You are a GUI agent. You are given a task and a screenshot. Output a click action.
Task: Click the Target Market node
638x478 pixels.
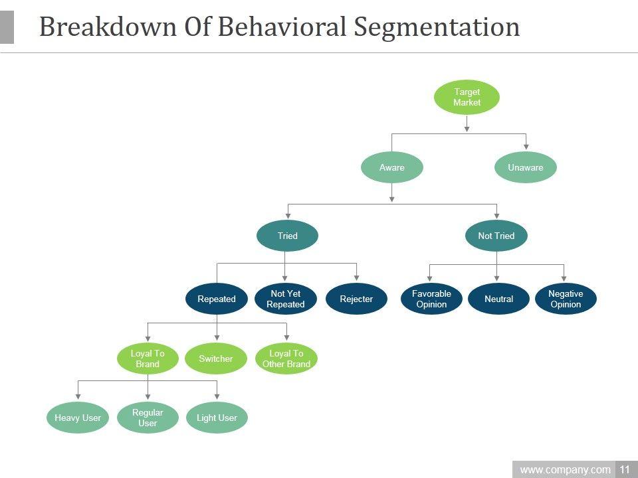point(467,97)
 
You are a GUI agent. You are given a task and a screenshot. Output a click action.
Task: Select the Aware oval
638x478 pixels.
point(392,167)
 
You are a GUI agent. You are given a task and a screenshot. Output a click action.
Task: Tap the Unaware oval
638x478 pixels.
point(525,167)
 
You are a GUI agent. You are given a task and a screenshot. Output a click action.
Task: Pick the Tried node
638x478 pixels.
point(287,236)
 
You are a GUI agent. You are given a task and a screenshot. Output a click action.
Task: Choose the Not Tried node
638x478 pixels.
point(496,236)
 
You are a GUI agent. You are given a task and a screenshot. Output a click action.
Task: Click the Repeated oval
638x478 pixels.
point(217,299)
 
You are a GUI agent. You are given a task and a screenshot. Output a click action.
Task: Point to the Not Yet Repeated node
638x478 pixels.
point(286,299)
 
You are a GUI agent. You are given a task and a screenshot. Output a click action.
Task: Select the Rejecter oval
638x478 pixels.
point(356,299)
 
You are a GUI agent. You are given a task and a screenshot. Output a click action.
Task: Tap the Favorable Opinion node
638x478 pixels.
point(431,299)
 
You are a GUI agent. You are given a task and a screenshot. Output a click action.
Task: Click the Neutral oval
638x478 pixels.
point(499,299)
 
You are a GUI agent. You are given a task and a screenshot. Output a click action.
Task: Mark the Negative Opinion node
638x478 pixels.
point(566,299)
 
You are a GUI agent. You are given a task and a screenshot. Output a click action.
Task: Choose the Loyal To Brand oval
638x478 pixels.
point(148,358)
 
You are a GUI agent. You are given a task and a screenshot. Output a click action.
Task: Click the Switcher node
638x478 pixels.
point(215,358)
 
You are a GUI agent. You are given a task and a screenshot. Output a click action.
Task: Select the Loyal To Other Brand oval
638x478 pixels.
point(286,358)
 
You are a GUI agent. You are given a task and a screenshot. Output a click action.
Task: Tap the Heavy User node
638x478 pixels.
point(78,418)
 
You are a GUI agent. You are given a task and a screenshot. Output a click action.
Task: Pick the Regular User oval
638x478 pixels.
point(148,418)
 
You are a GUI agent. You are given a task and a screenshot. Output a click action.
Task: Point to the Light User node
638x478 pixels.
point(217,418)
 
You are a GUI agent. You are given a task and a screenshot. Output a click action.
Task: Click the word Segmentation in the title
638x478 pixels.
point(437,28)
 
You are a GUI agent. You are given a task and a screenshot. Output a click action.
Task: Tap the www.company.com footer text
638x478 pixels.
point(565,470)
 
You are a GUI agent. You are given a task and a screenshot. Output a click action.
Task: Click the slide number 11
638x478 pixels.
point(625,469)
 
